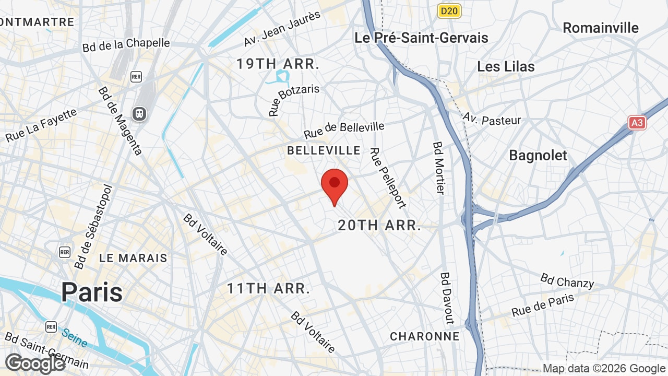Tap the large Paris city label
pyautogui.click(x=92, y=292)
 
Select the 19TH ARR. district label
pyautogui.click(x=278, y=64)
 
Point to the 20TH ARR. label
pyautogui.click(x=379, y=226)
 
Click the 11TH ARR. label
pyautogui.click(x=268, y=288)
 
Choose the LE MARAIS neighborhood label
pyautogui.click(x=134, y=258)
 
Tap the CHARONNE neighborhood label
pyautogui.click(x=425, y=336)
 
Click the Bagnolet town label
pyautogui.click(x=538, y=155)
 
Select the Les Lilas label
pyautogui.click(x=506, y=67)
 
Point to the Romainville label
pyautogui.click(x=601, y=28)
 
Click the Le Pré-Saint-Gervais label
pyautogui.click(x=421, y=38)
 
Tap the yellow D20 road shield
pyautogui.click(x=449, y=11)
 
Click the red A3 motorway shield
pyautogui.click(x=637, y=123)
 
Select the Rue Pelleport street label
pyautogui.click(x=388, y=178)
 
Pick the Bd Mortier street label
pyautogui.click(x=438, y=168)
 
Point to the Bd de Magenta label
pyautogui.click(x=120, y=121)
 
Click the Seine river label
pyautogui.click(x=74, y=337)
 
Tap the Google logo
pyautogui.click(x=35, y=363)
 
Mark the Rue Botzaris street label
pyautogui.click(x=294, y=100)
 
